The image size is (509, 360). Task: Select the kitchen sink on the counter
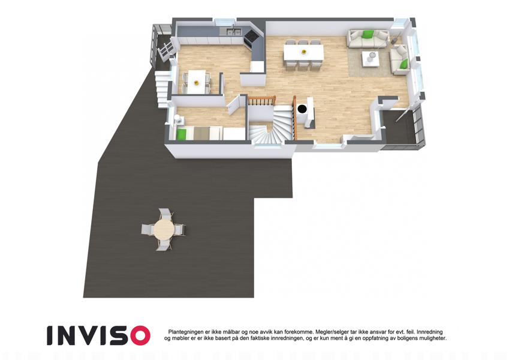coord(234,32)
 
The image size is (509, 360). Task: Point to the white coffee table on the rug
coord(371,59)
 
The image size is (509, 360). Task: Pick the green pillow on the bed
coord(182,134)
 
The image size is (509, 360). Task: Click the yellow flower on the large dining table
coord(304,52)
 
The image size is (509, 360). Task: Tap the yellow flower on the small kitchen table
coord(195,83)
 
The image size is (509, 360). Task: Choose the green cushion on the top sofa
coord(368,34)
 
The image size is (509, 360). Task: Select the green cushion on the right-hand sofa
coord(403,64)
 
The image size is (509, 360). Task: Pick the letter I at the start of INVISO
coord(50,335)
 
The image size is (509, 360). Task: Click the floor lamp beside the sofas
coord(393,40)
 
